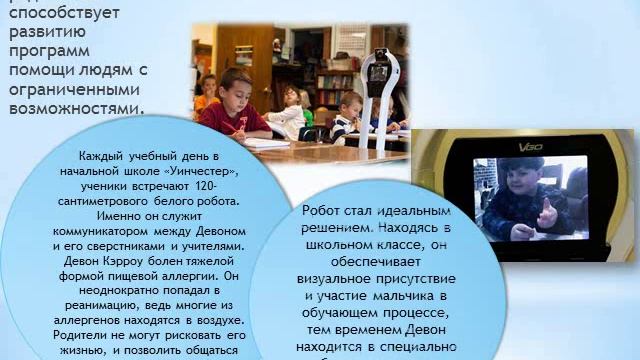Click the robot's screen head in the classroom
(376, 71)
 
